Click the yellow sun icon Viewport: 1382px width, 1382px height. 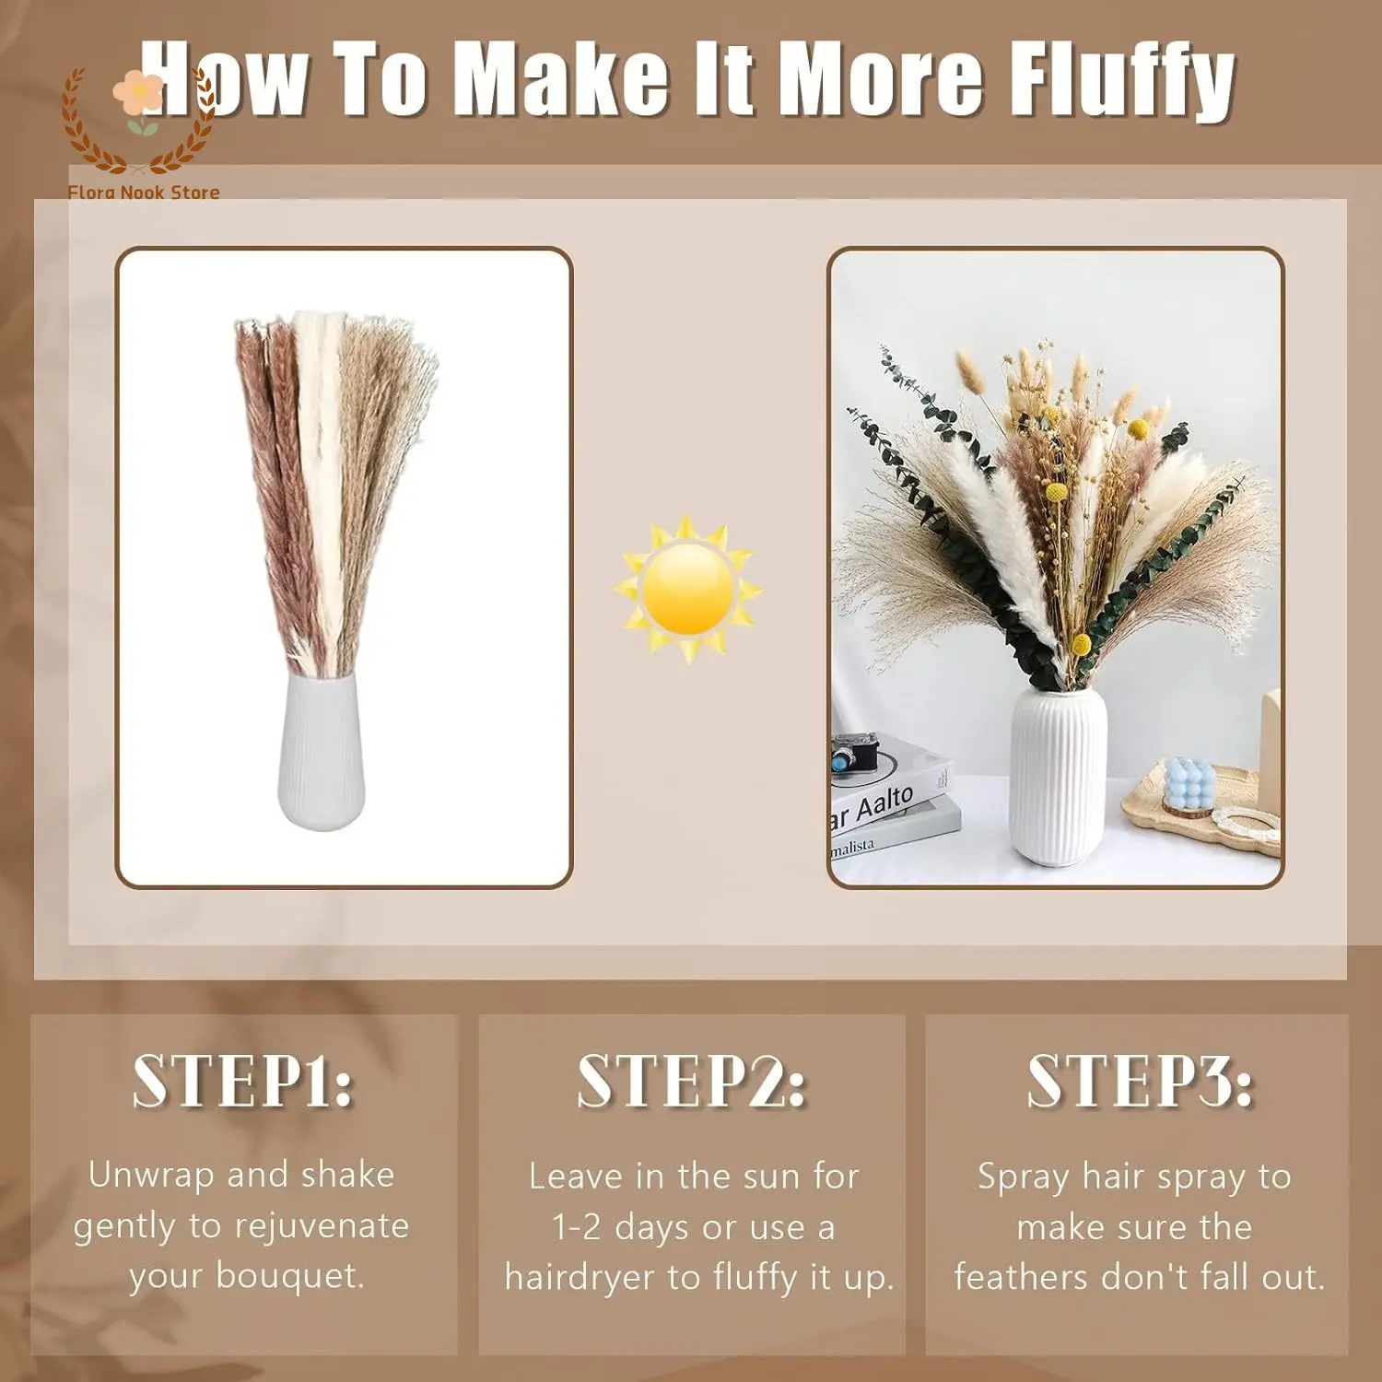[687, 589]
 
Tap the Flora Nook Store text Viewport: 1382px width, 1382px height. [144, 193]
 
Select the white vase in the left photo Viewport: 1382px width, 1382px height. [322, 749]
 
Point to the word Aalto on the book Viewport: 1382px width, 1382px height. [884, 804]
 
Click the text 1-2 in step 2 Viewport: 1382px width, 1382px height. [576, 1227]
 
